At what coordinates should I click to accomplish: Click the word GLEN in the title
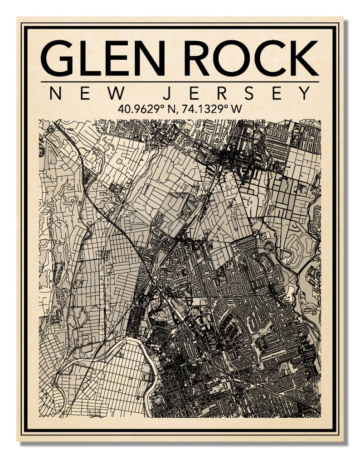tap(103, 58)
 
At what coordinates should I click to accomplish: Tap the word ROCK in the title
tap(251, 58)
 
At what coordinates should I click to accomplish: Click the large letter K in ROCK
tap(302, 58)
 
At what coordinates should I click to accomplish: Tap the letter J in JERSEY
tap(167, 94)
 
